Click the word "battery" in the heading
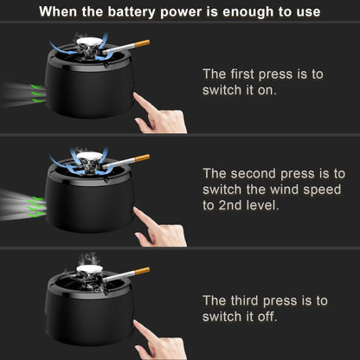132,12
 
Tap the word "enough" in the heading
249,12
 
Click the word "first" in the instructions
242,74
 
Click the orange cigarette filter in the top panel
142,44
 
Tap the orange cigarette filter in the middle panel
142,158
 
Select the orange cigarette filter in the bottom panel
142,271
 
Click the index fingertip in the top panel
135,94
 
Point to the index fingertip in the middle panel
135,209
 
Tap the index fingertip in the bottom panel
135,322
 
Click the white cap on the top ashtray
89,42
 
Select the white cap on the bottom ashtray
89,269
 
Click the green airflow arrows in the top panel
38,93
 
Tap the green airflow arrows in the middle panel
36,207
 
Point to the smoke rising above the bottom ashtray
88,259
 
